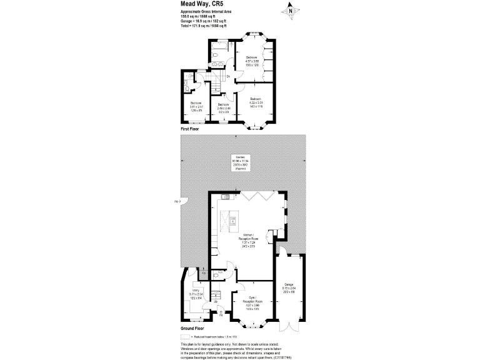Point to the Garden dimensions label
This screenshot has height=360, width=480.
(x=240, y=162)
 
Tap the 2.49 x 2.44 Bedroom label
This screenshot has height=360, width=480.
(x=224, y=107)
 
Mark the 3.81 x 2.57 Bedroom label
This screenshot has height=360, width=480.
(x=196, y=107)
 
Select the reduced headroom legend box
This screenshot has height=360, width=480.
(x=185, y=336)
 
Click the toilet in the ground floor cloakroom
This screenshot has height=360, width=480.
(x=215, y=273)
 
